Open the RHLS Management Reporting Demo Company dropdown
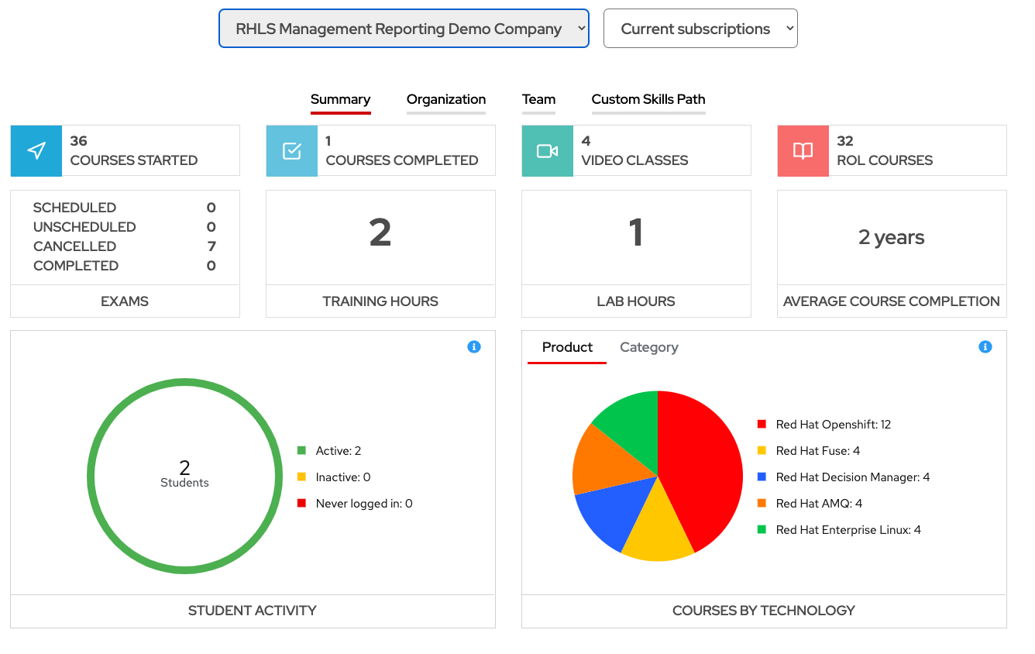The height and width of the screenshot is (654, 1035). pos(404,29)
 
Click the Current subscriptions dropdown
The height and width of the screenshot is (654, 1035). pos(700,29)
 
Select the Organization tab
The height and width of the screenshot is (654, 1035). pos(446,99)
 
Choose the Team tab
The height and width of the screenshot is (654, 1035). pos(538,99)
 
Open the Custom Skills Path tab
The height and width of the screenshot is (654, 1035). pos(648,99)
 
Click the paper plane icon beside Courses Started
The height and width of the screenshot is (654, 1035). pos(36,151)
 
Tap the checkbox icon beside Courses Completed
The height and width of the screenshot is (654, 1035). pos(292,151)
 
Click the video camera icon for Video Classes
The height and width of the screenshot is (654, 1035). pos(548,151)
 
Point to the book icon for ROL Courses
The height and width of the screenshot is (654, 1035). pos(803,151)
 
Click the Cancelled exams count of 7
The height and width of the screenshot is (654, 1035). pos(211,246)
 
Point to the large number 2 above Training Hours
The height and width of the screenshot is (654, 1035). pos(380,232)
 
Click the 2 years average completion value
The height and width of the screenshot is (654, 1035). pos(892,237)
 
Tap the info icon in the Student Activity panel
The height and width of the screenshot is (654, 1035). pos(474,347)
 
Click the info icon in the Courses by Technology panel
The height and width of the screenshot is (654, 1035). pos(985,347)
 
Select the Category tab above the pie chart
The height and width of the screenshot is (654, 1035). pos(649,347)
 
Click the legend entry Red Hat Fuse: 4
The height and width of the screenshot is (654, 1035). pos(817,451)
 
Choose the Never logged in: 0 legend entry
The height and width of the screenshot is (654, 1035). pos(363,504)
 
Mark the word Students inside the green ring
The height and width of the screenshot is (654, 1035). pos(184,483)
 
